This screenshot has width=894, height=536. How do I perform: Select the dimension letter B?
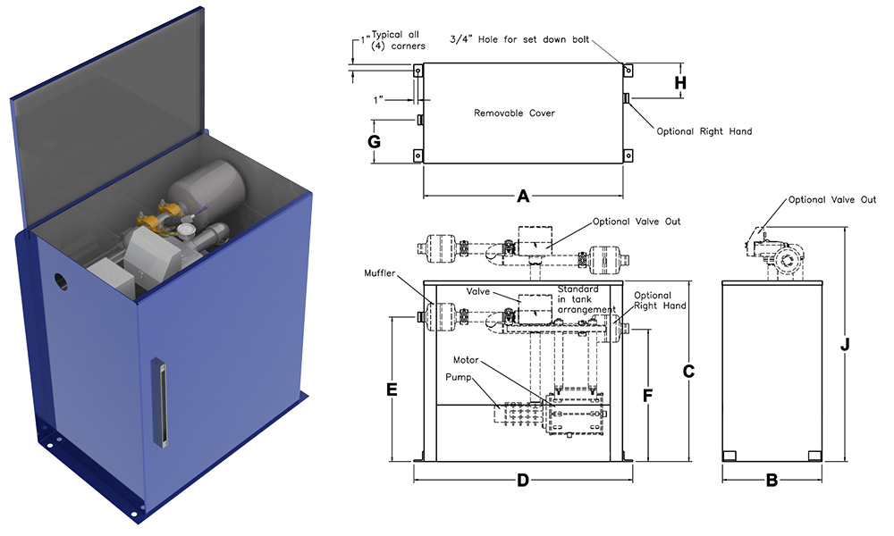tap(772, 480)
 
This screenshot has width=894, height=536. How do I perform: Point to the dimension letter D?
tap(523, 480)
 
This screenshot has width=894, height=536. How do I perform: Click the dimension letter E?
tap(392, 389)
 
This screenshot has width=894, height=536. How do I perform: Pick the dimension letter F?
tap(649, 393)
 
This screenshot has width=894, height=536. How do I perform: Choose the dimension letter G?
tap(375, 142)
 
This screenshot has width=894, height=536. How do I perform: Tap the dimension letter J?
tap(845, 345)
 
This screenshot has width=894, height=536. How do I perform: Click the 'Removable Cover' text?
tap(514, 113)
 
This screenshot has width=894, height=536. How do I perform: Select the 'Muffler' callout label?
tap(381, 272)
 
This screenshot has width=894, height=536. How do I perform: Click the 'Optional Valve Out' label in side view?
tap(831, 200)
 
